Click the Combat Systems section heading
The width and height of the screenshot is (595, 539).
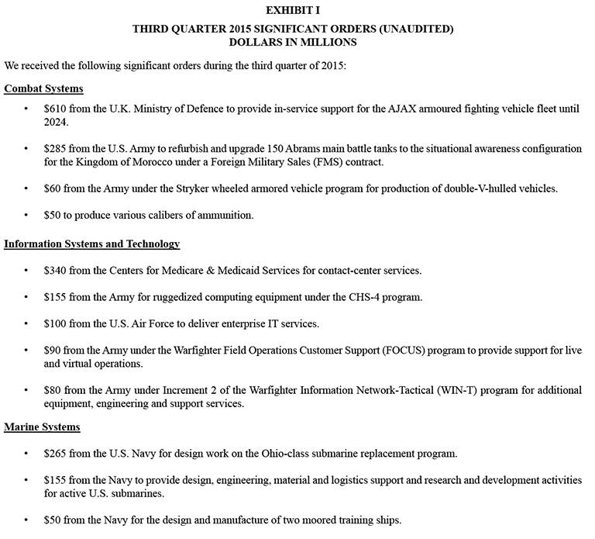point(43,88)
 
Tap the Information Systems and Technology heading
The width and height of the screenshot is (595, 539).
point(91,244)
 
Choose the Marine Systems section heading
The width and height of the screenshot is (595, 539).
point(42,427)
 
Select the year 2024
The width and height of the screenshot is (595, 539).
point(57,123)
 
